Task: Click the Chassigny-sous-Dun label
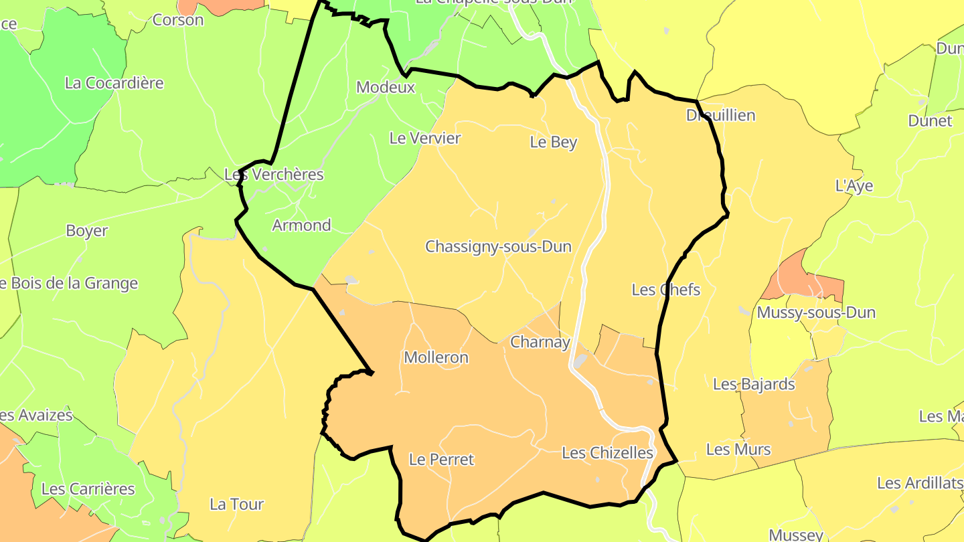(x=499, y=247)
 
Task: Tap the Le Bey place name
(x=553, y=142)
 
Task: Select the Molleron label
(x=436, y=357)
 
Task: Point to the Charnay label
(x=540, y=343)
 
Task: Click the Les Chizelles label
(x=607, y=453)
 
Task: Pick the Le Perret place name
(x=441, y=460)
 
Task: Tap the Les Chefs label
(x=665, y=290)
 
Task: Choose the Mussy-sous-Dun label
(x=816, y=312)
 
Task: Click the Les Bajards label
(x=754, y=384)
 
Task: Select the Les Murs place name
(x=738, y=449)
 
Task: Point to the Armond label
(x=301, y=225)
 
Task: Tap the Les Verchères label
(x=274, y=175)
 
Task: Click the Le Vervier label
(x=425, y=139)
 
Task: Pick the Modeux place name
(x=386, y=87)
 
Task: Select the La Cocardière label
(x=114, y=83)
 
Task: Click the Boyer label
(x=86, y=231)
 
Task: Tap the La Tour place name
(x=236, y=505)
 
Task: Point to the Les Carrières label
(x=88, y=489)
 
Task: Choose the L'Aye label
(x=854, y=186)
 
